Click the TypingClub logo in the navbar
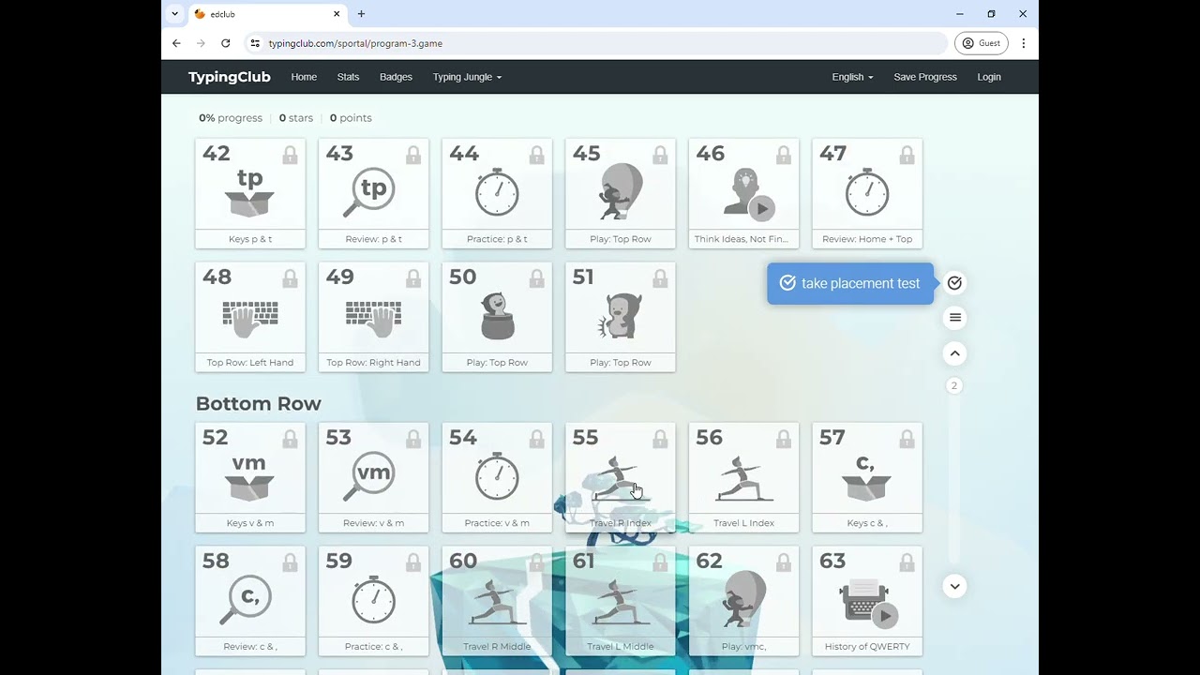click(x=230, y=77)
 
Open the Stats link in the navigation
click(x=348, y=77)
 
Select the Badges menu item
click(x=396, y=77)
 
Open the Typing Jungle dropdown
click(x=467, y=77)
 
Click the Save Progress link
click(x=925, y=77)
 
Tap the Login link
click(x=989, y=77)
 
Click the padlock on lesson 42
click(x=290, y=155)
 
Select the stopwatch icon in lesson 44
click(x=497, y=192)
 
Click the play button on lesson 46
click(x=762, y=208)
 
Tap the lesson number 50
click(x=463, y=277)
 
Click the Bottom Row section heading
click(x=258, y=403)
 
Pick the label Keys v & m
click(x=250, y=523)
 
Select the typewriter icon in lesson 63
click(x=863, y=601)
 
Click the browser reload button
click(x=226, y=43)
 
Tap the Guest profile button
click(x=981, y=43)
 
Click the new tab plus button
click(x=362, y=14)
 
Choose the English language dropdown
click(x=852, y=77)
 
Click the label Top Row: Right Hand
click(x=373, y=363)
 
